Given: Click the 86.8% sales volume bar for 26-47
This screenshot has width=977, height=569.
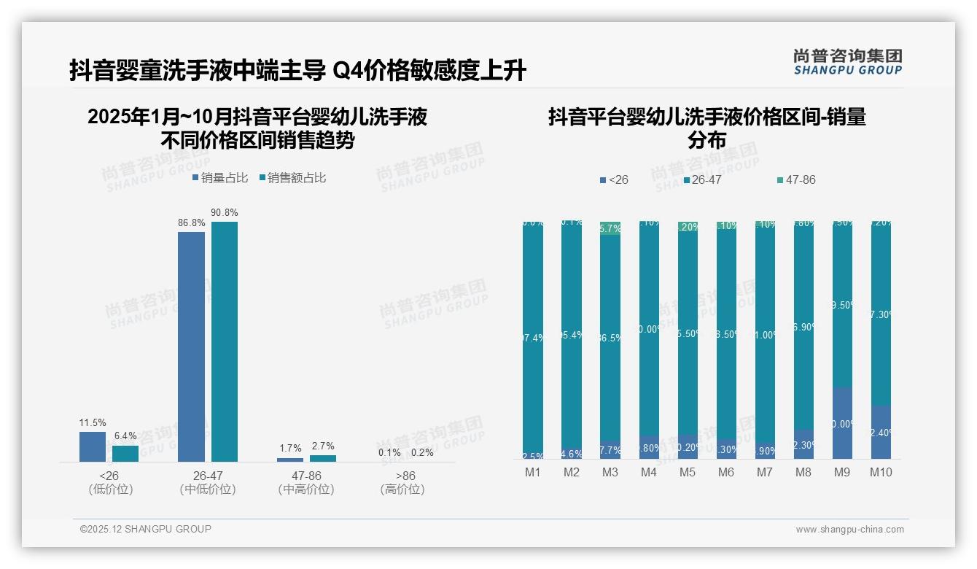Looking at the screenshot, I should point(191,347).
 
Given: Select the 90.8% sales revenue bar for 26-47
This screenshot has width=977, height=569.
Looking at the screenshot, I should point(225,341).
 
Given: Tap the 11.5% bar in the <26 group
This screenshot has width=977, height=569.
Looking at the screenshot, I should point(93,446).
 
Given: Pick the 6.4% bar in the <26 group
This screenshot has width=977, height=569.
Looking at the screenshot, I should point(125,454).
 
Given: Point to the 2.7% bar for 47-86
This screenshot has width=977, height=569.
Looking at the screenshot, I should point(323,458).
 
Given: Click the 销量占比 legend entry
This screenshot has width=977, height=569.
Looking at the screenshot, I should point(220,178).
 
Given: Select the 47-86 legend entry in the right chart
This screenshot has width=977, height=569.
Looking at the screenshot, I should point(796,179).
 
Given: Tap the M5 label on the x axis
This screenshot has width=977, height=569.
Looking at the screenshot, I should point(687,472).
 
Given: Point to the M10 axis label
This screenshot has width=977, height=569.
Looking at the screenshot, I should point(881,472).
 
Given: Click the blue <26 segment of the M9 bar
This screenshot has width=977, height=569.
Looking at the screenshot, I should point(842,423).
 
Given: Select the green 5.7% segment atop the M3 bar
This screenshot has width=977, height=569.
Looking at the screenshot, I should point(610,228).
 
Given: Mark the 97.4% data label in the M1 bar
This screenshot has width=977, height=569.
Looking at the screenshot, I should point(533,338).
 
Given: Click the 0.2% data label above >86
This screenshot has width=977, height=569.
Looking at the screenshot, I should point(421,452).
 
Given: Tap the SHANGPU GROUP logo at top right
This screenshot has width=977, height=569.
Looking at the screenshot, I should point(847,62).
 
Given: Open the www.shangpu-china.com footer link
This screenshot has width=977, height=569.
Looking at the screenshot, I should point(849,530).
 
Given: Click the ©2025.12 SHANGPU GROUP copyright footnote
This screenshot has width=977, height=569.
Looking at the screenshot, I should point(146,529).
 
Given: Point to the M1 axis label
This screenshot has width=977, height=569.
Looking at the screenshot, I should point(533,472).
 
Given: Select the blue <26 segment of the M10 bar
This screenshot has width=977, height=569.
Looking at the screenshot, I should point(881,432).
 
